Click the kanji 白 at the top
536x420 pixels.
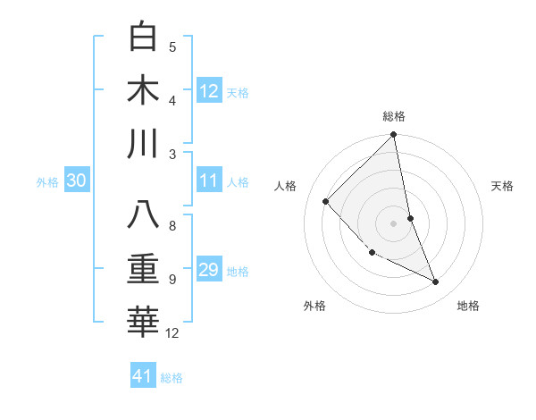(144, 38)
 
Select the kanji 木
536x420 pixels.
(144, 91)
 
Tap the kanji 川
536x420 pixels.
(144, 145)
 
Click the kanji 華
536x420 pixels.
(144, 323)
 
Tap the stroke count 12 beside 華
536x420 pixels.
(172, 333)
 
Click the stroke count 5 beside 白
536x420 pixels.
(172, 47)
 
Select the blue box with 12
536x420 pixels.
(209, 91)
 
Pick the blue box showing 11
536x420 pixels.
(209, 181)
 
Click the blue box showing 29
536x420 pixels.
(209, 271)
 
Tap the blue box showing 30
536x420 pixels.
(76, 181)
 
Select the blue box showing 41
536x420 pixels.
(143, 376)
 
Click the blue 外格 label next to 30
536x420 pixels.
(47, 182)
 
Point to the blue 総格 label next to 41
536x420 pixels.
(172, 378)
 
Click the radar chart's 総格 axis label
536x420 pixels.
(394, 116)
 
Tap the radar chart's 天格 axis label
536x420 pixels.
(503, 186)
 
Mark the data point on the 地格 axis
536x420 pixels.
(436, 282)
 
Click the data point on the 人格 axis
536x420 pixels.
(326, 201)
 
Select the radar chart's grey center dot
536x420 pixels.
(394, 223)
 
